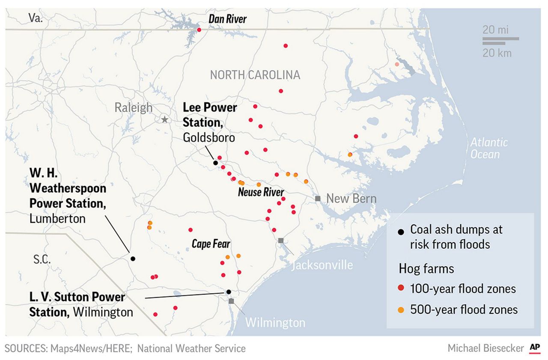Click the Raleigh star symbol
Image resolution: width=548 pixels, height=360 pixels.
(x=165, y=119)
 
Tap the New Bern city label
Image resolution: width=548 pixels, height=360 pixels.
(x=351, y=199)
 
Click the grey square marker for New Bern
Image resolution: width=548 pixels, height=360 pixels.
(x=317, y=199)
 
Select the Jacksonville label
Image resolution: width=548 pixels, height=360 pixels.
(x=322, y=265)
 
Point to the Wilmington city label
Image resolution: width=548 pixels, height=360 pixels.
(x=275, y=322)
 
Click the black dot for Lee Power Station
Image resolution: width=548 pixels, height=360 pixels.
(x=215, y=163)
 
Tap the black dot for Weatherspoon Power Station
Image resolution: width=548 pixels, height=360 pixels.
(x=133, y=259)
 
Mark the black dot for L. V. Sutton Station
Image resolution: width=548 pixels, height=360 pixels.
(x=229, y=292)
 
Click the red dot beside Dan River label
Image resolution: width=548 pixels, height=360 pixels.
(x=199, y=30)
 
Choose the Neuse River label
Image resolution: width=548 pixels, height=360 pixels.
(x=261, y=192)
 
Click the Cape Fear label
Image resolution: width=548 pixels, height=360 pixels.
(x=211, y=244)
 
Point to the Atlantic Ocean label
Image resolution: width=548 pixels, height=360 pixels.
(x=488, y=148)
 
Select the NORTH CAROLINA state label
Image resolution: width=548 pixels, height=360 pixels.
(x=255, y=75)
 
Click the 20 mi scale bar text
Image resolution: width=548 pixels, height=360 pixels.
(x=495, y=30)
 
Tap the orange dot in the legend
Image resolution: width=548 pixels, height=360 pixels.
(x=401, y=309)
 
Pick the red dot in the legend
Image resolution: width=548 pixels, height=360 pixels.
(x=401, y=289)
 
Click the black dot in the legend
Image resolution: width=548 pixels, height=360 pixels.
(x=401, y=232)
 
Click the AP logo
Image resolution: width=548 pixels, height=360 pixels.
(x=535, y=348)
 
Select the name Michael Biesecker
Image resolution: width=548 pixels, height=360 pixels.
(x=485, y=348)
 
